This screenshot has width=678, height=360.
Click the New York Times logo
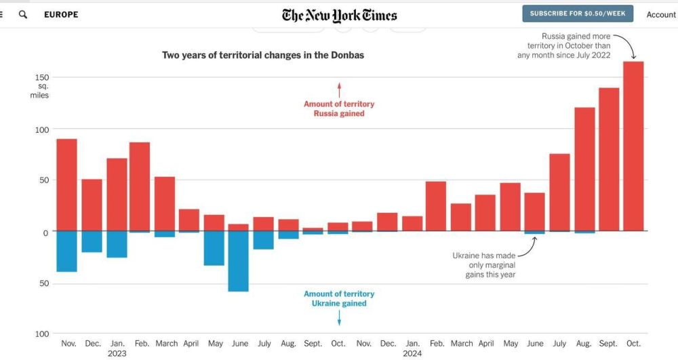pyautogui.click(x=339, y=15)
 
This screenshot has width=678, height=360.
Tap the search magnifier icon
pyautogui.click(x=23, y=14)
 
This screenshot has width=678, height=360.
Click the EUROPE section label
pyautogui.click(x=61, y=14)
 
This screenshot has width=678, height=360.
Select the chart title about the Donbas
pyautogui.click(x=263, y=55)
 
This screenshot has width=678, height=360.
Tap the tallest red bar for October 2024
pyautogui.click(x=633, y=146)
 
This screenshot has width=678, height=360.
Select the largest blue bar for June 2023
pyautogui.click(x=239, y=261)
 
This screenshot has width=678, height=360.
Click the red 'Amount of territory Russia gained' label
pyautogui.click(x=339, y=108)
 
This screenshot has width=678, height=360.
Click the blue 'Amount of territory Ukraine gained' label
pyautogui.click(x=339, y=298)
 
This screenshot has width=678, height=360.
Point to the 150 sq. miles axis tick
pyautogui.click(x=42, y=77)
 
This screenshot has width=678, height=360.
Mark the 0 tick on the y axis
pyautogui.click(x=45, y=233)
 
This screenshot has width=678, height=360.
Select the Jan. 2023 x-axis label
pyautogui.click(x=117, y=348)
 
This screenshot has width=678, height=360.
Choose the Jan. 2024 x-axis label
pyautogui.click(x=412, y=348)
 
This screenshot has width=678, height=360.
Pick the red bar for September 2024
pyautogui.click(x=608, y=159)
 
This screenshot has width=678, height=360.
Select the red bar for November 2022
pyautogui.click(x=67, y=184)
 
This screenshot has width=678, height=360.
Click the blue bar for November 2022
pyautogui.click(x=67, y=252)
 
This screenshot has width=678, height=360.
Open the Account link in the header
pyautogui.click(x=660, y=15)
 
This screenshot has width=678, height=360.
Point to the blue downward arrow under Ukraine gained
pyautogui.click(x=339, y=317)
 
